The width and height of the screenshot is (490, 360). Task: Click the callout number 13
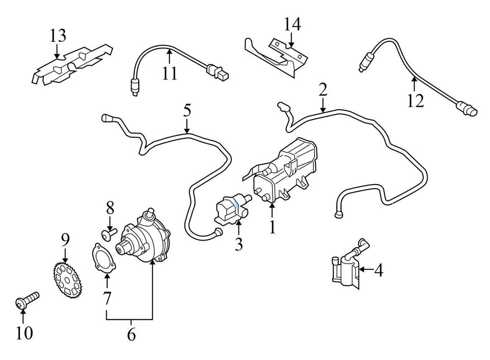coord(58,36)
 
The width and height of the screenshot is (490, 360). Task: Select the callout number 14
coord(292,24)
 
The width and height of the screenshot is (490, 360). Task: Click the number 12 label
coord(415,100)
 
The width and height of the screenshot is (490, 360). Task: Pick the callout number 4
coord(378,270)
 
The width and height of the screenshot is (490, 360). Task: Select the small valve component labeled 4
coord(345,268)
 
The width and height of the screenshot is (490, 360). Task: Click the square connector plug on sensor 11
coord(221,76)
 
